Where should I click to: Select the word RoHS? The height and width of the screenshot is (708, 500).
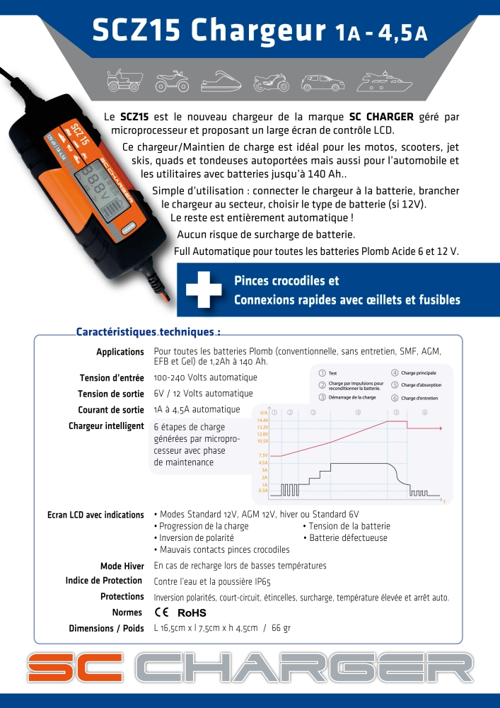tap(192, 613)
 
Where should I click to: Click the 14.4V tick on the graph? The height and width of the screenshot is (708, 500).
tap(262, 421)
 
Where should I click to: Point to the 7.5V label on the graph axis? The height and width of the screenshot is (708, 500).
tap(263, 455)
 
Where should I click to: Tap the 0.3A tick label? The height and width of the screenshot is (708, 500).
tap(263, 491)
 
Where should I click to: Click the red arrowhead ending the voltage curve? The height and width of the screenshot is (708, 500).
tap(440, 428)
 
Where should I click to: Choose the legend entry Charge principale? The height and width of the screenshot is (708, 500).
tap(419, 372)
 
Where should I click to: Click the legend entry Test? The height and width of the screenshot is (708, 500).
tap(332, 372)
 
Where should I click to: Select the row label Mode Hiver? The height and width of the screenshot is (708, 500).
tap(122, 566)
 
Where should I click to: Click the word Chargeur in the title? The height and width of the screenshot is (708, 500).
tap(253, 31)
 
